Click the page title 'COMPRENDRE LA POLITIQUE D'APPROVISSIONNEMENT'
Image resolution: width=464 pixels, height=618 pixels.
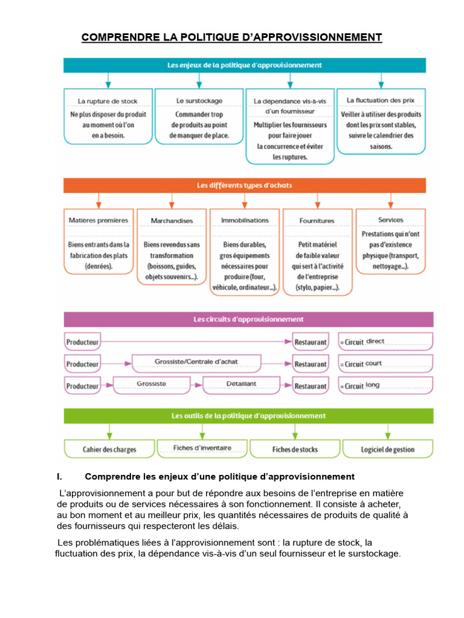[x=231, y=37]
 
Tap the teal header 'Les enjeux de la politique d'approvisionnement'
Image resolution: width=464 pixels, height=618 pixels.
[x=245, y=65]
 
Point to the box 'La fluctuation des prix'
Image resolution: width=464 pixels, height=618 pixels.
[x=381, y=122]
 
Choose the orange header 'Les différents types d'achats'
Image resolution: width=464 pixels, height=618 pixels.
[x=245, y=185]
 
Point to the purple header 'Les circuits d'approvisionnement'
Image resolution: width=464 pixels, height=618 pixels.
[x=248, y=319]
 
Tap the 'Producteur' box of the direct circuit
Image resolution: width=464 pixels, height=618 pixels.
[x=82, y=342]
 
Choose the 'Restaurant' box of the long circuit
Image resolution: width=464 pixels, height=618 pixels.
[x=310, y=386]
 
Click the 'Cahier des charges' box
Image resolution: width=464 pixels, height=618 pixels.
[x=109, y=449]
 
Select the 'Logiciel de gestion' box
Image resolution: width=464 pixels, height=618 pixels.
[x=388, y=449]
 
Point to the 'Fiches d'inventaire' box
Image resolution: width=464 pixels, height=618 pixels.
[x=202, y=448]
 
